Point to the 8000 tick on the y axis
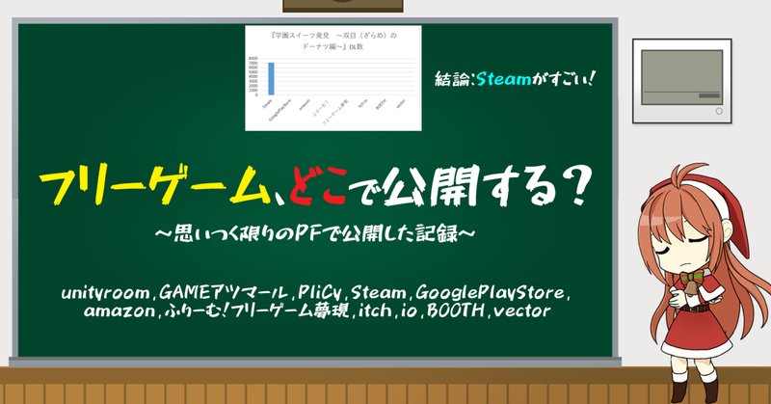tap(253, 59)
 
